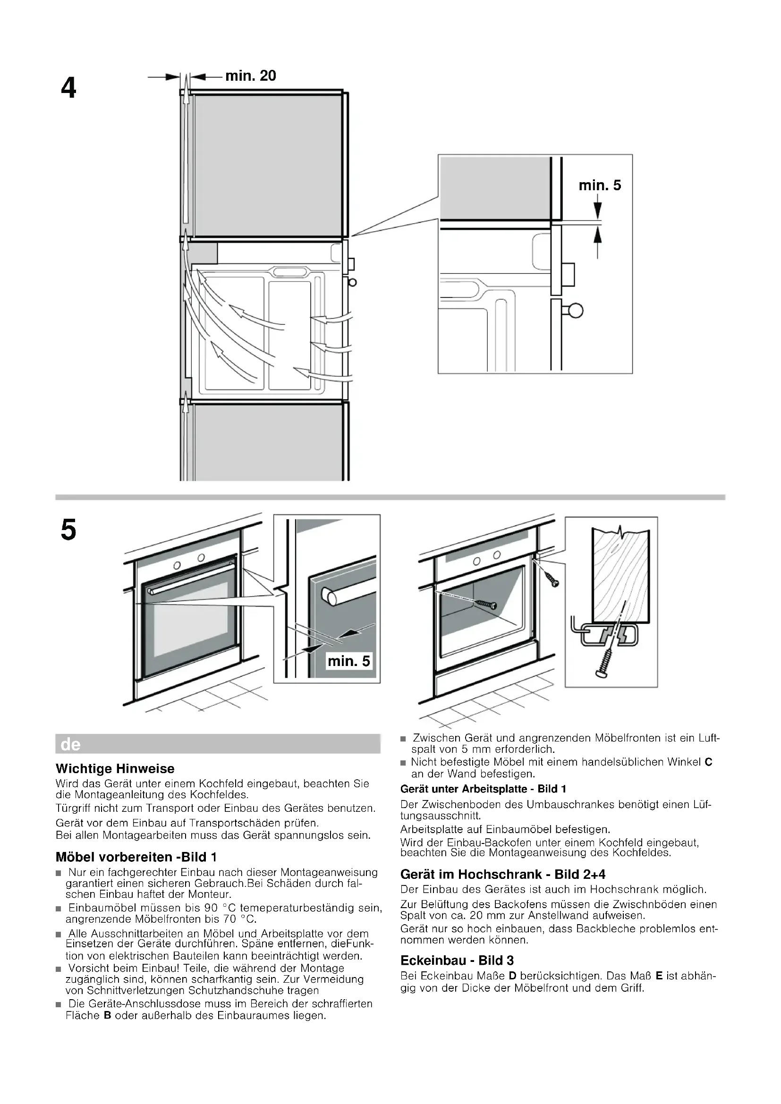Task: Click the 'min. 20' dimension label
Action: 251,76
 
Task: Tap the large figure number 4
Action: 69,89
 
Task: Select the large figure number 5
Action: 68,531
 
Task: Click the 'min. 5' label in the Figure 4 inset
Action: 600,185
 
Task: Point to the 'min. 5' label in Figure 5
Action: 348,661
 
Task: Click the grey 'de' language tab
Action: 71,745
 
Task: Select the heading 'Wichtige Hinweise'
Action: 115,768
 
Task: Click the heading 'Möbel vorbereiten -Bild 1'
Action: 136,857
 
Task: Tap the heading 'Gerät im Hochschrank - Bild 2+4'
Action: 502,874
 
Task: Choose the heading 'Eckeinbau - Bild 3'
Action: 457,960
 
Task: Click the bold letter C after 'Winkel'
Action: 708,762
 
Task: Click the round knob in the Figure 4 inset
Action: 576,311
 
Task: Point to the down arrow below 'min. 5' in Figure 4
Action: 597,208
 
